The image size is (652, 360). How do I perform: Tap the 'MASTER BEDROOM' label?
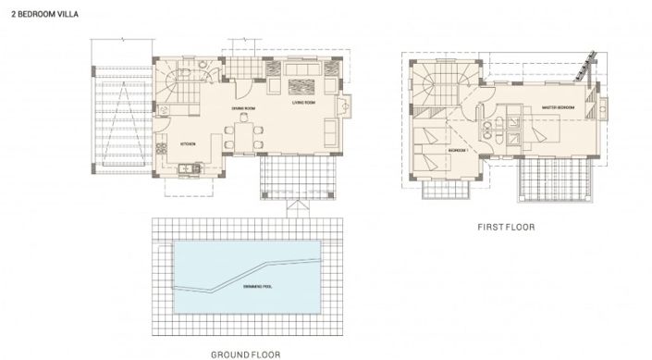559,107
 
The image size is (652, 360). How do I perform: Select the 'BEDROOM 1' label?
459,147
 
